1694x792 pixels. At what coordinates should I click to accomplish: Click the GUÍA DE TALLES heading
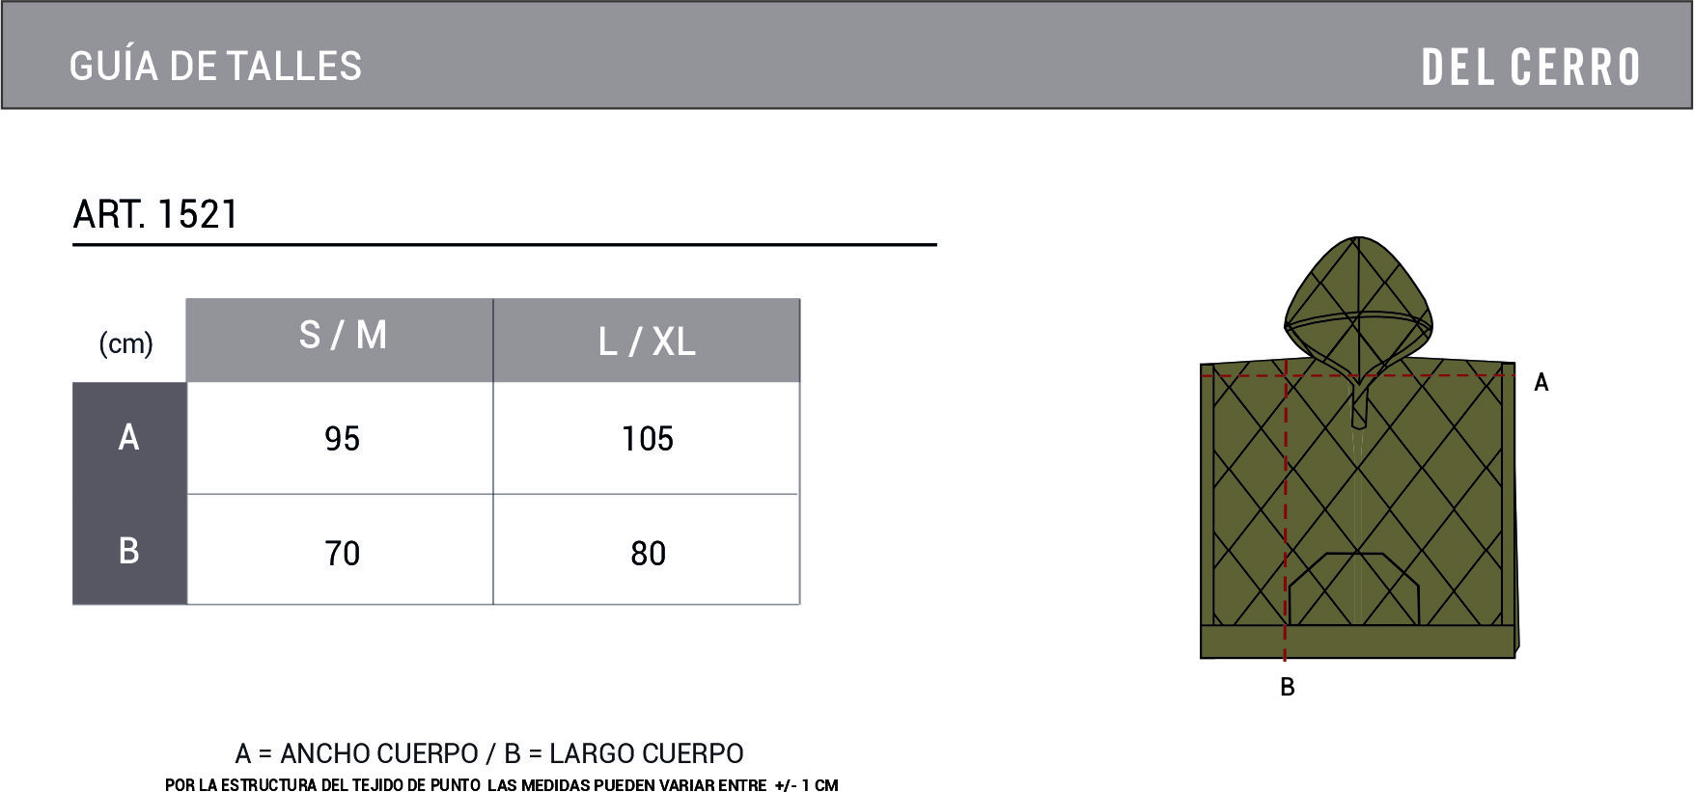click(x=215, y=67)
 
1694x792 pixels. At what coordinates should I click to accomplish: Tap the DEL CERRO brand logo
click(x=1531, y=68)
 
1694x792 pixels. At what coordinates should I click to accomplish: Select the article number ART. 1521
click(x=155, y=214)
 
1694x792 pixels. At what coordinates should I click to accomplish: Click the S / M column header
click(x=343, y=336)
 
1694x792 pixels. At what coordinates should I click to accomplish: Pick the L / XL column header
click(x=647, y=341)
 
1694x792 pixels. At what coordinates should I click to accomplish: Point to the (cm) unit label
click(x=126, y=343)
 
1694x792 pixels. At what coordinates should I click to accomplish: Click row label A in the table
click(x=128, y=438)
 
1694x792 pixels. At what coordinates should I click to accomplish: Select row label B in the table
click(x=128, y=551)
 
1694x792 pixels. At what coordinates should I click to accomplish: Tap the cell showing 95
click(x=342, y=439)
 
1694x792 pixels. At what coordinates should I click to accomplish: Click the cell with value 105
click(x=648, y=439)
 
